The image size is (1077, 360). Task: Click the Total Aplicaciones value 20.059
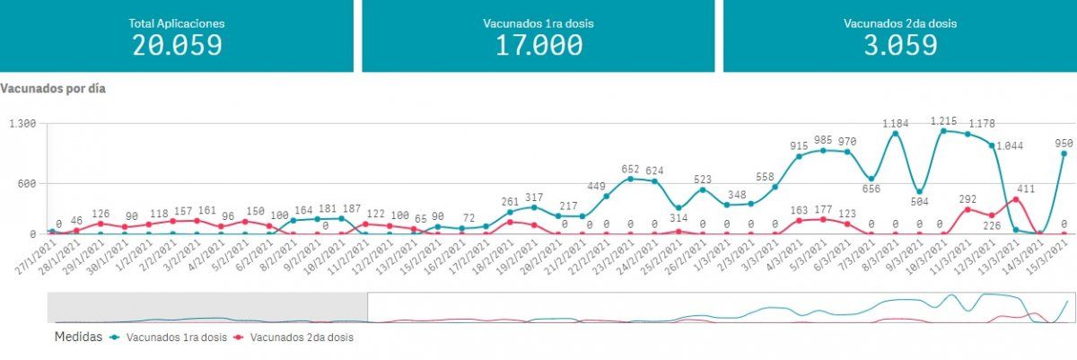click(x=177, y=45)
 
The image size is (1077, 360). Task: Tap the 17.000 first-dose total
click(x=538, y=45)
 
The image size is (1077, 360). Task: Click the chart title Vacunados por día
click(x=54, y=89)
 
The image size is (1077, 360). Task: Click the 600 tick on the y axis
click(x=24, y=184)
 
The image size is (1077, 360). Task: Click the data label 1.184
click(x=896, y=123)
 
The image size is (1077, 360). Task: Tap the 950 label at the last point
click(x=1064, y=143)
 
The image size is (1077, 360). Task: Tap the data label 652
click(x=631, y=170)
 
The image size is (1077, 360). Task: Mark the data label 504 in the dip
click(x=919, y=201)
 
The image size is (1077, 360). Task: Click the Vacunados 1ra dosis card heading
click(x=538, y=23)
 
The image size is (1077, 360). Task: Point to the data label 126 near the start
click(x=101, y=214)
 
